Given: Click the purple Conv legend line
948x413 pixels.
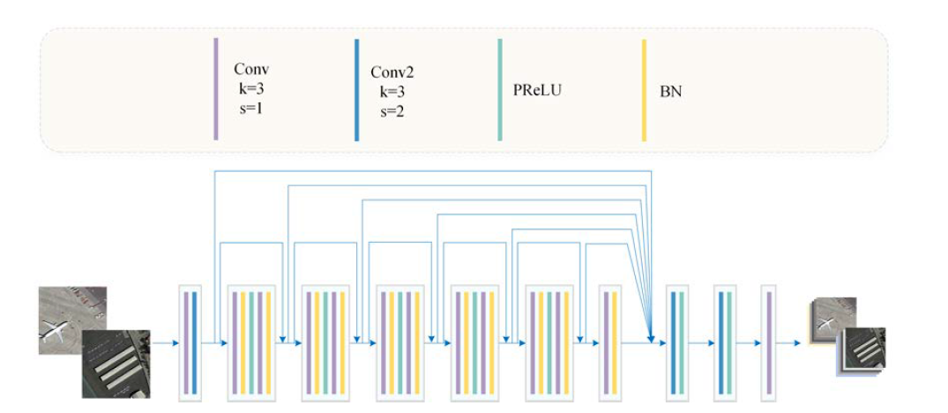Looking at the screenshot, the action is [x=216, y=89].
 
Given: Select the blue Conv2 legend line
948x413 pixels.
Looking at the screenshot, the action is [x=356, y=90].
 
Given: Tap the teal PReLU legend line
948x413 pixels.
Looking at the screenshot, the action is [x=500, y=90].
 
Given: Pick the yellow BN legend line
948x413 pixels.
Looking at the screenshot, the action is [x=644, y=91].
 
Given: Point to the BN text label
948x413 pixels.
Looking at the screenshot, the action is [x=669, y=94].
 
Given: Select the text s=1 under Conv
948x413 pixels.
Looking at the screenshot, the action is [x=251, y=109].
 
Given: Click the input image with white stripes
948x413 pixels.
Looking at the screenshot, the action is [x=116, y=364].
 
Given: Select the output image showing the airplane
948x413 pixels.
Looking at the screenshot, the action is [x=835, y=317].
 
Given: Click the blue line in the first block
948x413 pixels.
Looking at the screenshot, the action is [x=194, y=343].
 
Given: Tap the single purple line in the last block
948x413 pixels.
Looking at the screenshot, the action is [x=768, y=343].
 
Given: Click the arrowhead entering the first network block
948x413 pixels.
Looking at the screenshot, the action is [x=175, y=343].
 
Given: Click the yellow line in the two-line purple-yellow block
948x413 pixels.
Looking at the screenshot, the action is [x=615, y=343].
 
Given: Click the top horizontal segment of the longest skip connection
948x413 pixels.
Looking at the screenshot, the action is [x=433, y=171].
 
